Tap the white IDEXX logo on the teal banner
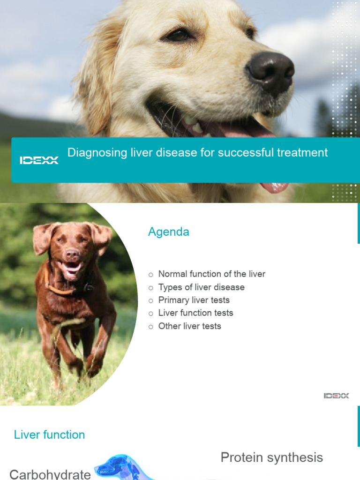point(39,160)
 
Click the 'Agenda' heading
point(168,232)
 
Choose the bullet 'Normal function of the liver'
point(211,274)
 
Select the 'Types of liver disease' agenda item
point(201,287)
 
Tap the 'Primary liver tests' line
point(194,300)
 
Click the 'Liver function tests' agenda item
point(195,313)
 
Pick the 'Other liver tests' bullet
point(189,326)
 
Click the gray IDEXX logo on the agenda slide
point(336,396)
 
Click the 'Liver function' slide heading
point(49,435)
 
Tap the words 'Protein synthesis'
point(271,457)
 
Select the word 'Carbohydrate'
point(50,473)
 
